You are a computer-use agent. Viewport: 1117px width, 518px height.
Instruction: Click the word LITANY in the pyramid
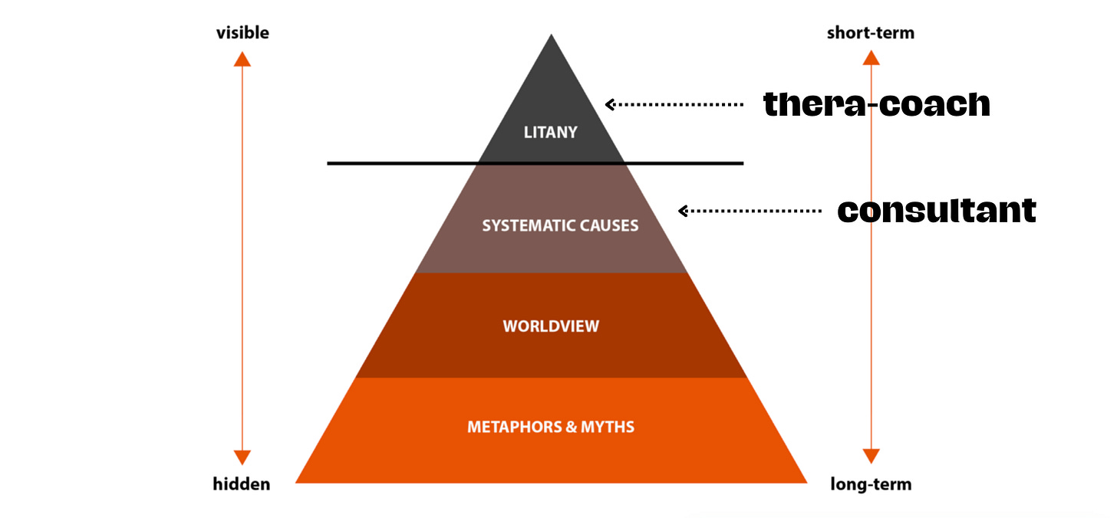click(550, 133)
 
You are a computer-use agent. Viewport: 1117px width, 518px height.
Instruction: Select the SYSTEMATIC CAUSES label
click(560, 226)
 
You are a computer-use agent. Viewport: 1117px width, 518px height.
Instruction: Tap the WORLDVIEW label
click(551, 326)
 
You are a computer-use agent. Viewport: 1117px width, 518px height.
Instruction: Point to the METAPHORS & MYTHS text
click(551, 427)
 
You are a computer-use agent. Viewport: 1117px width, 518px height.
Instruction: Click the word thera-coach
click(877, 104)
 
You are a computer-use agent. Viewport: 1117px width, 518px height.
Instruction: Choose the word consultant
click(937, 210)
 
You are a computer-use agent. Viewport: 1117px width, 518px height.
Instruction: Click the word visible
click(242, 33)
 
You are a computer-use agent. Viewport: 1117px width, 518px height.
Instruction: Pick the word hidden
click(242, 484)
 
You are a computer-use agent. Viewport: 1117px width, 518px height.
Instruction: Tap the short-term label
click(871, 33)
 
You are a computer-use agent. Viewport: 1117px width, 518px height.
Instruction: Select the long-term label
click(871, 484)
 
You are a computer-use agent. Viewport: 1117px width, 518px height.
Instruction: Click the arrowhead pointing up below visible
click(242, 58)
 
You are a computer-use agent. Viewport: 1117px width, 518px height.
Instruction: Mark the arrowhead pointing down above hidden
click(242, 457)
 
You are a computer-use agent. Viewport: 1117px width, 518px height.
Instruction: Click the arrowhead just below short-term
click(871, 57)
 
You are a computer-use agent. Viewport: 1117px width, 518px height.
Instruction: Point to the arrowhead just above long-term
click(871, 457)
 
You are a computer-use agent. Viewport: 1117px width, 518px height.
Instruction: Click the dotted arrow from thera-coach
click(674, 104)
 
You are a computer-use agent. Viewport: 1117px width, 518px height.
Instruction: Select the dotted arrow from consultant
click(750, 211)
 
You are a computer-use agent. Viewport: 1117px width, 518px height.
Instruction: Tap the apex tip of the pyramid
click(551, 36)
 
